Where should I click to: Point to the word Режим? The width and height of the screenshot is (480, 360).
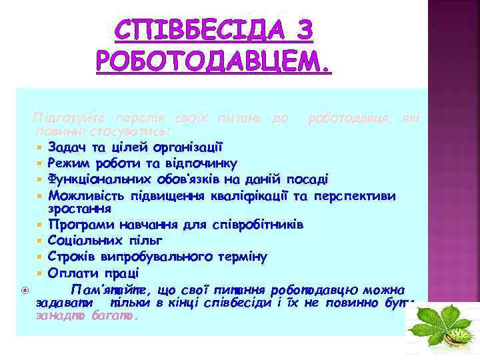pyautogui.click(x=69, y=163)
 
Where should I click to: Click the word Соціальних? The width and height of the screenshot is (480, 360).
pyautogui.click(x=85, y=240)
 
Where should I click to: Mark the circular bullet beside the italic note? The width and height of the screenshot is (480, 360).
pyautogui.click(x=24, y=289)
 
